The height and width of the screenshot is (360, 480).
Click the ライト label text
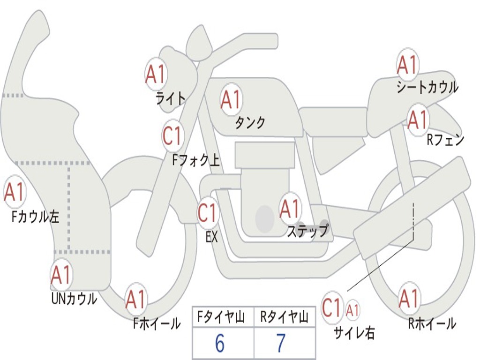(x=171, y=98)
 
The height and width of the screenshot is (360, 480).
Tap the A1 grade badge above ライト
(x=156, y=74)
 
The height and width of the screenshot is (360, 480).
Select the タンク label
(x=250, y=122)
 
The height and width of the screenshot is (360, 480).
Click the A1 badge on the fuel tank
(x=231, y=99)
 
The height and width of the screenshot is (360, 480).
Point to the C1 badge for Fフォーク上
(x=172, y=136)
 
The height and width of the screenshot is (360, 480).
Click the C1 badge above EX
(x=208, y=213)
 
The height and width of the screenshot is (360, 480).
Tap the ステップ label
(x=307, y=231)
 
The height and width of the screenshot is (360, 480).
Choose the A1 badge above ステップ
(x=290, y=208)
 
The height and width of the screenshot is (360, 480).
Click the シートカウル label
(x=427, y=88)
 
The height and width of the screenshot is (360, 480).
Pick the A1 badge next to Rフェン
(x=417, y=120)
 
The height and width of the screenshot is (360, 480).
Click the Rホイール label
(x=432, y=323)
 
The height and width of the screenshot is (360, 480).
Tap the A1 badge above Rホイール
(x=409, y=298)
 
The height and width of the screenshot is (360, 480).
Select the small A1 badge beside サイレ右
(x=353, y=310)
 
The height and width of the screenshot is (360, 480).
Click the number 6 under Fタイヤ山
(x=220, y=344)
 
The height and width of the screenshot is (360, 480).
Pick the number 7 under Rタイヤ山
(x=281, y=344)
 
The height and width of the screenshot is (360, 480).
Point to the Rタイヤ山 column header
(x=284, y=318)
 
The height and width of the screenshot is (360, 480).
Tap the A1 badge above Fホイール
(x=136, y=300)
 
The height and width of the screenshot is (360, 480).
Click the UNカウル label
(x=74, y=299)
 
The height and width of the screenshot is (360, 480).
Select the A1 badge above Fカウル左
(x=14, y=192)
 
